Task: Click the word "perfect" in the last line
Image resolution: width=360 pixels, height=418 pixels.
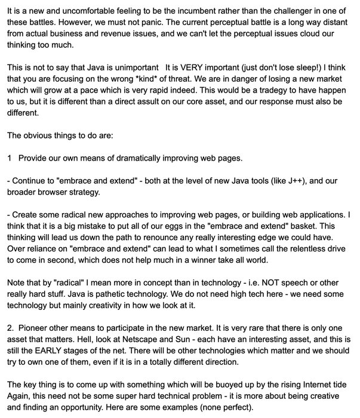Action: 289,404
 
